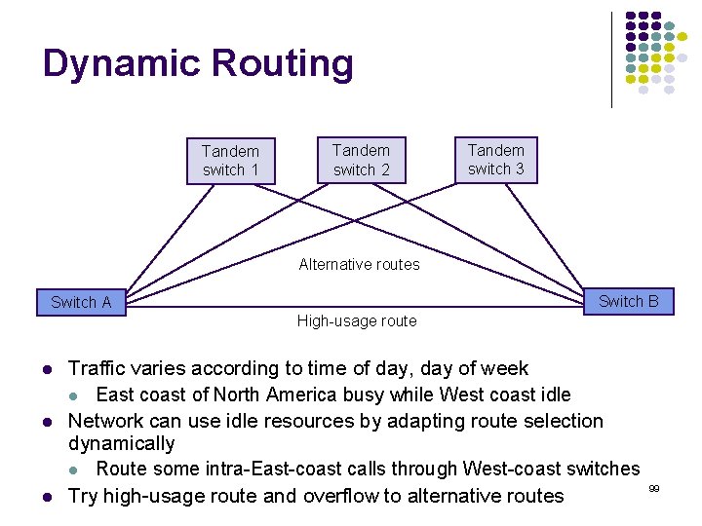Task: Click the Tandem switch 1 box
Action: click(x=231, y=161)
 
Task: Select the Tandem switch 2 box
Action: click(x=361, y=160)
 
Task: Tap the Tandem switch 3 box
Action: click(x=495, y=160)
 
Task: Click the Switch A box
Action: click(x=81, y=302)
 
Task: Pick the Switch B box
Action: click(x=628, y=301)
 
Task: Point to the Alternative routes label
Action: click(x=359, y=264)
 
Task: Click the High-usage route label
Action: click(x=356, y=321)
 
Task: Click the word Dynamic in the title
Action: click(x=120, y=64)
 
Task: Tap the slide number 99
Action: click(x=654, y=486)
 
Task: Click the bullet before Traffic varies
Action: click(x=46, y=369)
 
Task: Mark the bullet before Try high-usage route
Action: click(x=46, y=497)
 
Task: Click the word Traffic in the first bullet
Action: click(x=97, y=369)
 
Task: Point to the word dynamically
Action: click(x=121, y=444)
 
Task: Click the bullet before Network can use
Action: click(x=46, y=422)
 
